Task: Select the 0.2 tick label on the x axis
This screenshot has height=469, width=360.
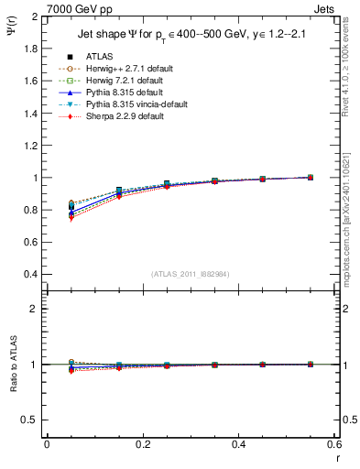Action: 143,443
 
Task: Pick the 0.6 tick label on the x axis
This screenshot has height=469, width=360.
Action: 334,443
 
